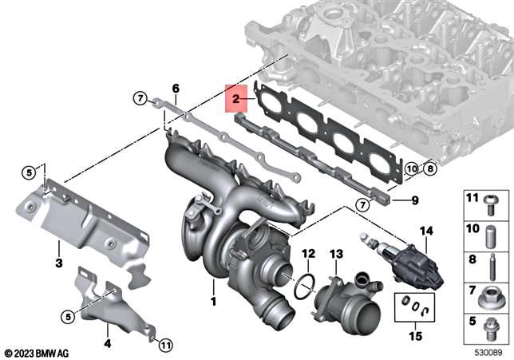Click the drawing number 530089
(486, 352)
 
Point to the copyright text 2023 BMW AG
(40, 352)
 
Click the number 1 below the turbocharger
(213, 302)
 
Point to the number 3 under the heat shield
(57, 263)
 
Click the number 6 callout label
(176, 88)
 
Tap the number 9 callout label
(414, 200)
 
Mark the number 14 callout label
(426, 231)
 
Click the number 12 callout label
(308, 253)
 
